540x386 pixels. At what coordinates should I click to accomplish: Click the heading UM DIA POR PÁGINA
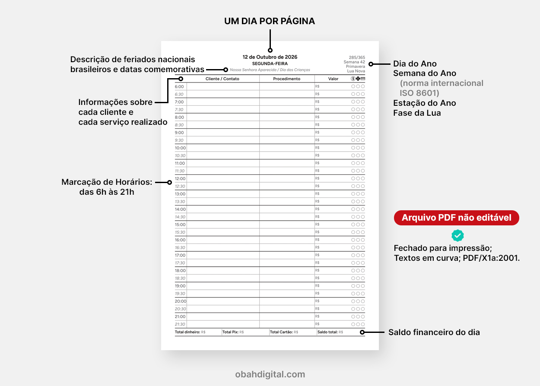(270, 21)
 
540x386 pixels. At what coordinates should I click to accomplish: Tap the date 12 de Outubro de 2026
(270, 57)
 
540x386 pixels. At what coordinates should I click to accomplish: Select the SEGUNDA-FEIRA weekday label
(270, 63)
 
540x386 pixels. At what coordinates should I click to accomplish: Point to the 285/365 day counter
(357, 57)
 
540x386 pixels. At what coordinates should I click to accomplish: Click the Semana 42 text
(354, 62)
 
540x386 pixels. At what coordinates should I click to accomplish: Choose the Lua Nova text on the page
(356, 71)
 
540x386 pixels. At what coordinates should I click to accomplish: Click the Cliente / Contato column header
(222, 79)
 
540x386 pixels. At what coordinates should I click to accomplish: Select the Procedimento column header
(286, 79)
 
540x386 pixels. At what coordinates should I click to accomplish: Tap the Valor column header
(333, 79)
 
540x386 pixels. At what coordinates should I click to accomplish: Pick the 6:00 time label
(179, 86)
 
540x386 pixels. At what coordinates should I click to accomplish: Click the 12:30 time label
(180, 186)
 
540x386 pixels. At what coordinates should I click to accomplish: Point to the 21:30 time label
(180, 324)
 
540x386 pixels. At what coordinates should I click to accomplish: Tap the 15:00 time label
(180, 225)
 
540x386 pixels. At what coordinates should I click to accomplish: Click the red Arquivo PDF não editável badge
(456, 218)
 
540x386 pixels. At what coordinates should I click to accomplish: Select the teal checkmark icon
(457, 235)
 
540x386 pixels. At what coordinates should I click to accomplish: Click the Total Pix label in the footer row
(230, 332)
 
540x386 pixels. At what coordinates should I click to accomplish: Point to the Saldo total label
(327, 332)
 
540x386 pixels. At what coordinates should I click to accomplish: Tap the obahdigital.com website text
(270, 374)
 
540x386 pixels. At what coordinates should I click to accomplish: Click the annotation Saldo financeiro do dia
(434, 332)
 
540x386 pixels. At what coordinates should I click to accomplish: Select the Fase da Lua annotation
(417, 113)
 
